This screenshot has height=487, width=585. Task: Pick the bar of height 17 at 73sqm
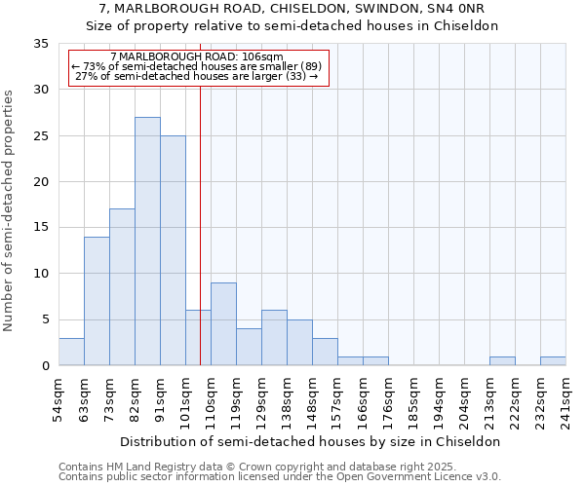[x=122, y=287]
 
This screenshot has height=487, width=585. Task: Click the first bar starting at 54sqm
[x=71, y=352]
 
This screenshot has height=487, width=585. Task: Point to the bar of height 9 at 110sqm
[x=223, y=324]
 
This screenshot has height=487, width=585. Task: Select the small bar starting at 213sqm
[x=502, y=361]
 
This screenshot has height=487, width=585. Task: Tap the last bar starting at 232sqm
[x=553, y=361]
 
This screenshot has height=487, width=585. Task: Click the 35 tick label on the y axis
[x=41, y=44]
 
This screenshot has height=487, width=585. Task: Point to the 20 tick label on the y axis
[x=41, y=182]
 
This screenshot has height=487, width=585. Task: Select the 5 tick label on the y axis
[x=45, y=320]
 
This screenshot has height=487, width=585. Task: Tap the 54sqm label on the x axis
[x=58, y=399]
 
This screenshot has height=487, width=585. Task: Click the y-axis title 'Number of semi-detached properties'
[x=11, y=210]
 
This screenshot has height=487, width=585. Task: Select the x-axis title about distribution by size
[x=311, y=441]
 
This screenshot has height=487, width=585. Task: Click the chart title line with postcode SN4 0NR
[x=292, y=9]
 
